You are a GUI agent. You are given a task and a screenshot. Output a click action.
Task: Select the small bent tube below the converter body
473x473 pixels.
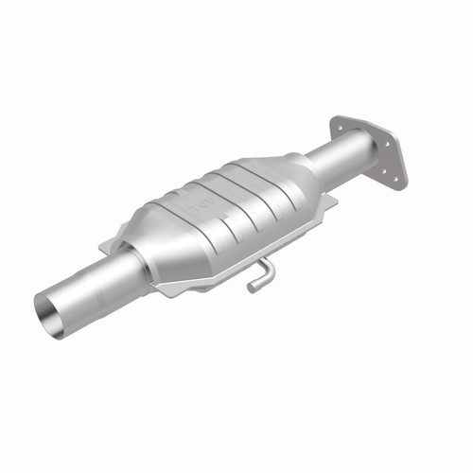pos(259,275)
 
